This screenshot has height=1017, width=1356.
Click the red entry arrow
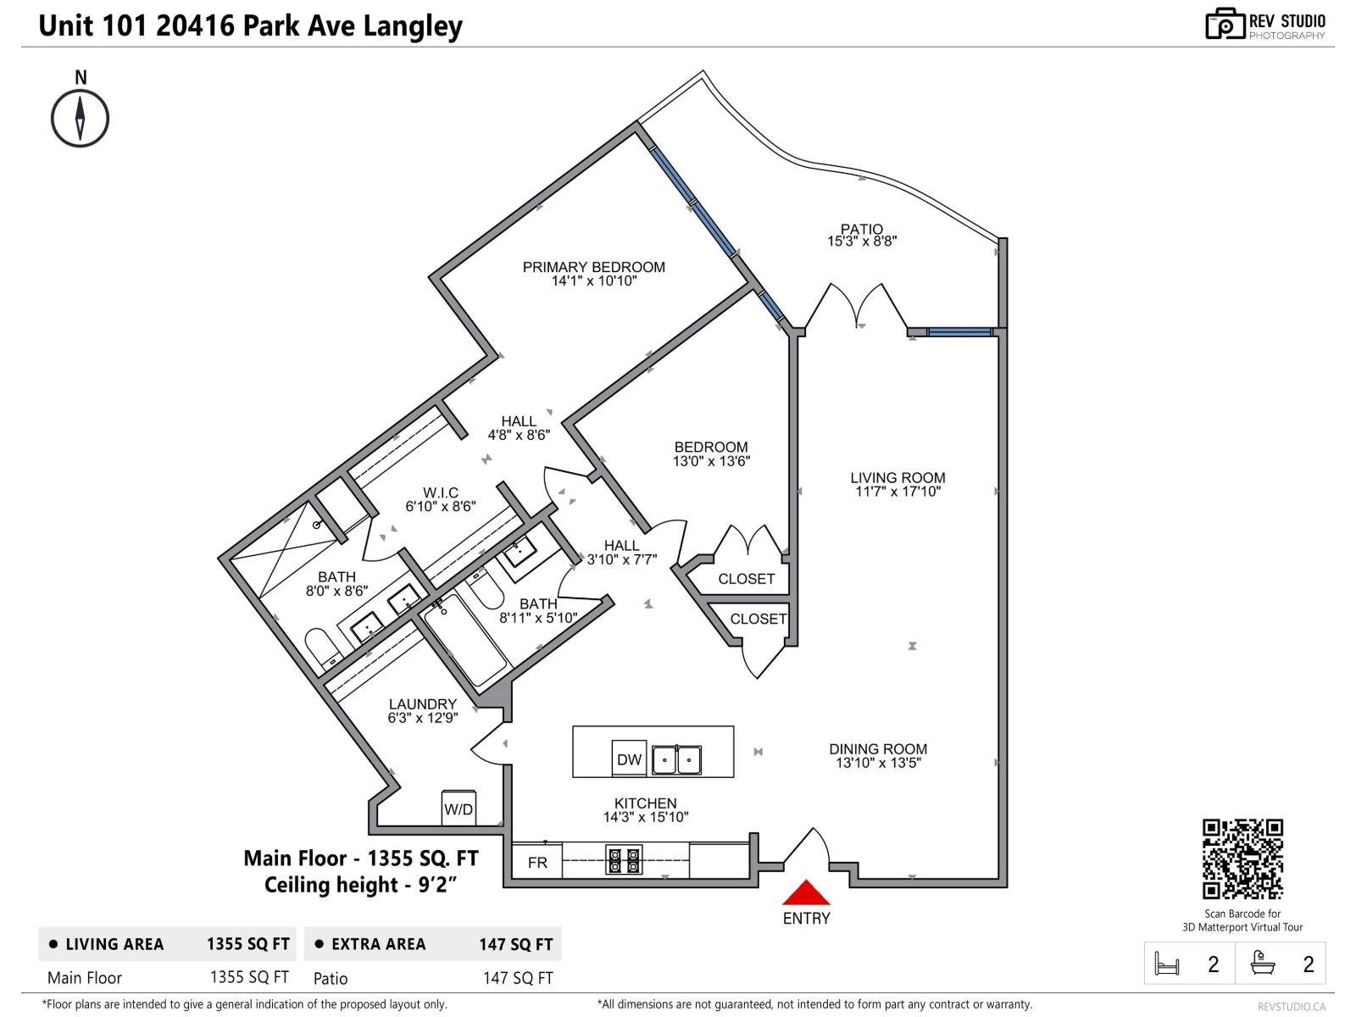point(805,893)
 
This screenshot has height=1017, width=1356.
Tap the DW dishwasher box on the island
point(629,759)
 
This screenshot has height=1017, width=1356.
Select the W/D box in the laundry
point(458,809)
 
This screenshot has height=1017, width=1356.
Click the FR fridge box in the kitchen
point(537,862)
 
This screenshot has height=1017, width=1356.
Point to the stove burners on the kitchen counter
point(624,860)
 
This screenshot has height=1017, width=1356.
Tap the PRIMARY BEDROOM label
point(593,267)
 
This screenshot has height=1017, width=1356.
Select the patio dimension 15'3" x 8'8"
point(862,242)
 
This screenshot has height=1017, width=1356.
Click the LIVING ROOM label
point(898,478)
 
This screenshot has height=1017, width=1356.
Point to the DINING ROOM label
point(878,749)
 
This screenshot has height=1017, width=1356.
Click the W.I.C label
point(441,492)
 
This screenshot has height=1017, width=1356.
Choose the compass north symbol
point(81,118)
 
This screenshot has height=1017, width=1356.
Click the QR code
point(1242,859)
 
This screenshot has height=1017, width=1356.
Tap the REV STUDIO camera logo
point(1225,24)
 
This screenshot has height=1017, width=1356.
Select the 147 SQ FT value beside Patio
point(517,978)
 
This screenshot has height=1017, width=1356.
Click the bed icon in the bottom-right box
point(1167,964)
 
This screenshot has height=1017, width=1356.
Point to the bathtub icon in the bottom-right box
point(1263,963)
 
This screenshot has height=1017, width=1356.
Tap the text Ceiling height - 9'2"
point(361,885)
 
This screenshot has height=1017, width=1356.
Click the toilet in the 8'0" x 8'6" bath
point(320,648)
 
